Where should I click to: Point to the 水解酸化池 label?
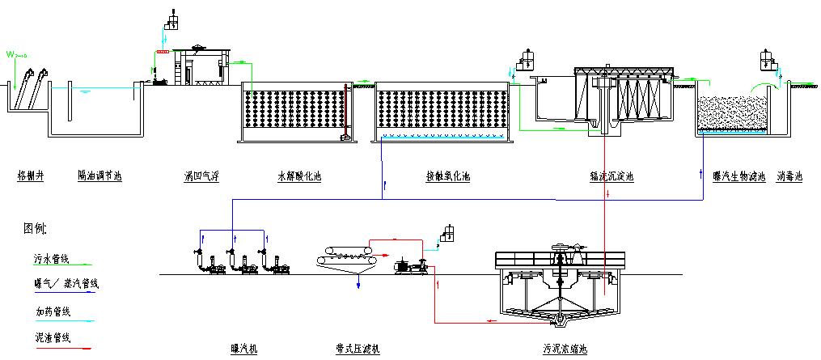pyautogui.click(x=299, y=175)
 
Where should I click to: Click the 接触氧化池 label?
pyautogui.click(x=448, y=175)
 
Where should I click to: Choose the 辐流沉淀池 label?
pyautogui.click(x=612, y=175)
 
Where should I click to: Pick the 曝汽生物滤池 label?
pyautogui.click(x=738, y=175)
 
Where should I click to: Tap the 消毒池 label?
pyautogui.click(x=789, y=175)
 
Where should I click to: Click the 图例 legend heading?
pyautogui.click(x=35, y=229)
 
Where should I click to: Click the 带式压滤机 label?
pyautogui.click(x=356, y=349)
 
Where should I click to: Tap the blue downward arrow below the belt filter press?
pyautogui.click(x=358, y=285)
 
